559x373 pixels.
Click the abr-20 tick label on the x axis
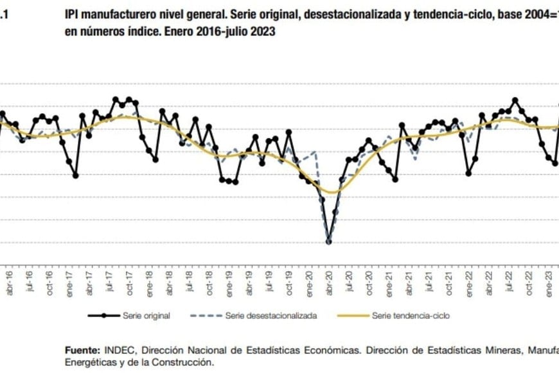pos(329,282)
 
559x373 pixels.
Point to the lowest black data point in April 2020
pos(329,242)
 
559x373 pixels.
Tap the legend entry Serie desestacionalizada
pos(271,316)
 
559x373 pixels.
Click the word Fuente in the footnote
pos(82,350)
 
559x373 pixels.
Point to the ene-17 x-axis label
pos(69,282)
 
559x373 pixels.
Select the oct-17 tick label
pos(129,282)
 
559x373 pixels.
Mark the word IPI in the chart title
pos(73,13)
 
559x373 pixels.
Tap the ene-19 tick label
pos(229,282)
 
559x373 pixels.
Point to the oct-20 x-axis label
pos(369,282)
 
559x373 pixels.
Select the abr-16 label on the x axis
pos(8,282)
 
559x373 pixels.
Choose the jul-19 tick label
pos(269,282)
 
